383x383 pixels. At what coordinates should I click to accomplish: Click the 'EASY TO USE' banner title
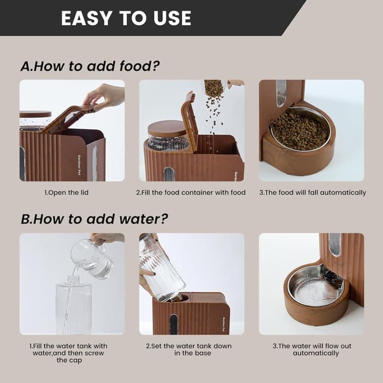tap(126, 18)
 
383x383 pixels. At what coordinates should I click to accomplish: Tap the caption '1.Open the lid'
tap(72, 193)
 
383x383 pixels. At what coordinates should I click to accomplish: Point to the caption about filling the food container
tap(191, 193)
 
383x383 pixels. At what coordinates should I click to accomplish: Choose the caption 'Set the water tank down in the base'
tap(189, 349)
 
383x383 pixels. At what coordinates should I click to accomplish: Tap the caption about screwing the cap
tap(71, 353)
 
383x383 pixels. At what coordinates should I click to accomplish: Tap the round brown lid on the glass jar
tap(167, 128)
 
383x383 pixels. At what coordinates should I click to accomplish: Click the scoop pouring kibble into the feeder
tap(214, 88)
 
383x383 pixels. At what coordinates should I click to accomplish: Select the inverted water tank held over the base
tap(160, 268)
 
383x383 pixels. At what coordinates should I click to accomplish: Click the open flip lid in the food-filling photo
tap(189, 120)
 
